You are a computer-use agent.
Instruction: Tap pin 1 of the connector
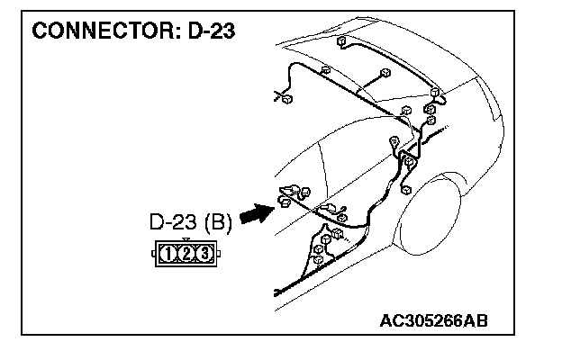[171, 255]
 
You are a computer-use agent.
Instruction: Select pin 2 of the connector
[188, 255]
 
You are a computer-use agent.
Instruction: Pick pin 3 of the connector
[205, 255]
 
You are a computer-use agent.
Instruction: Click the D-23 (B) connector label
[190, 221]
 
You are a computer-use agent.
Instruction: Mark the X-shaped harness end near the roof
[280, 94]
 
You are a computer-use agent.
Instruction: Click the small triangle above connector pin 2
[188, 239]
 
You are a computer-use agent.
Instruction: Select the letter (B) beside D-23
[218, 221]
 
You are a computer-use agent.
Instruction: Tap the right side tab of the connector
[220, 255]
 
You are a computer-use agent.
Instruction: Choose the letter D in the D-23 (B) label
[156, 221]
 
